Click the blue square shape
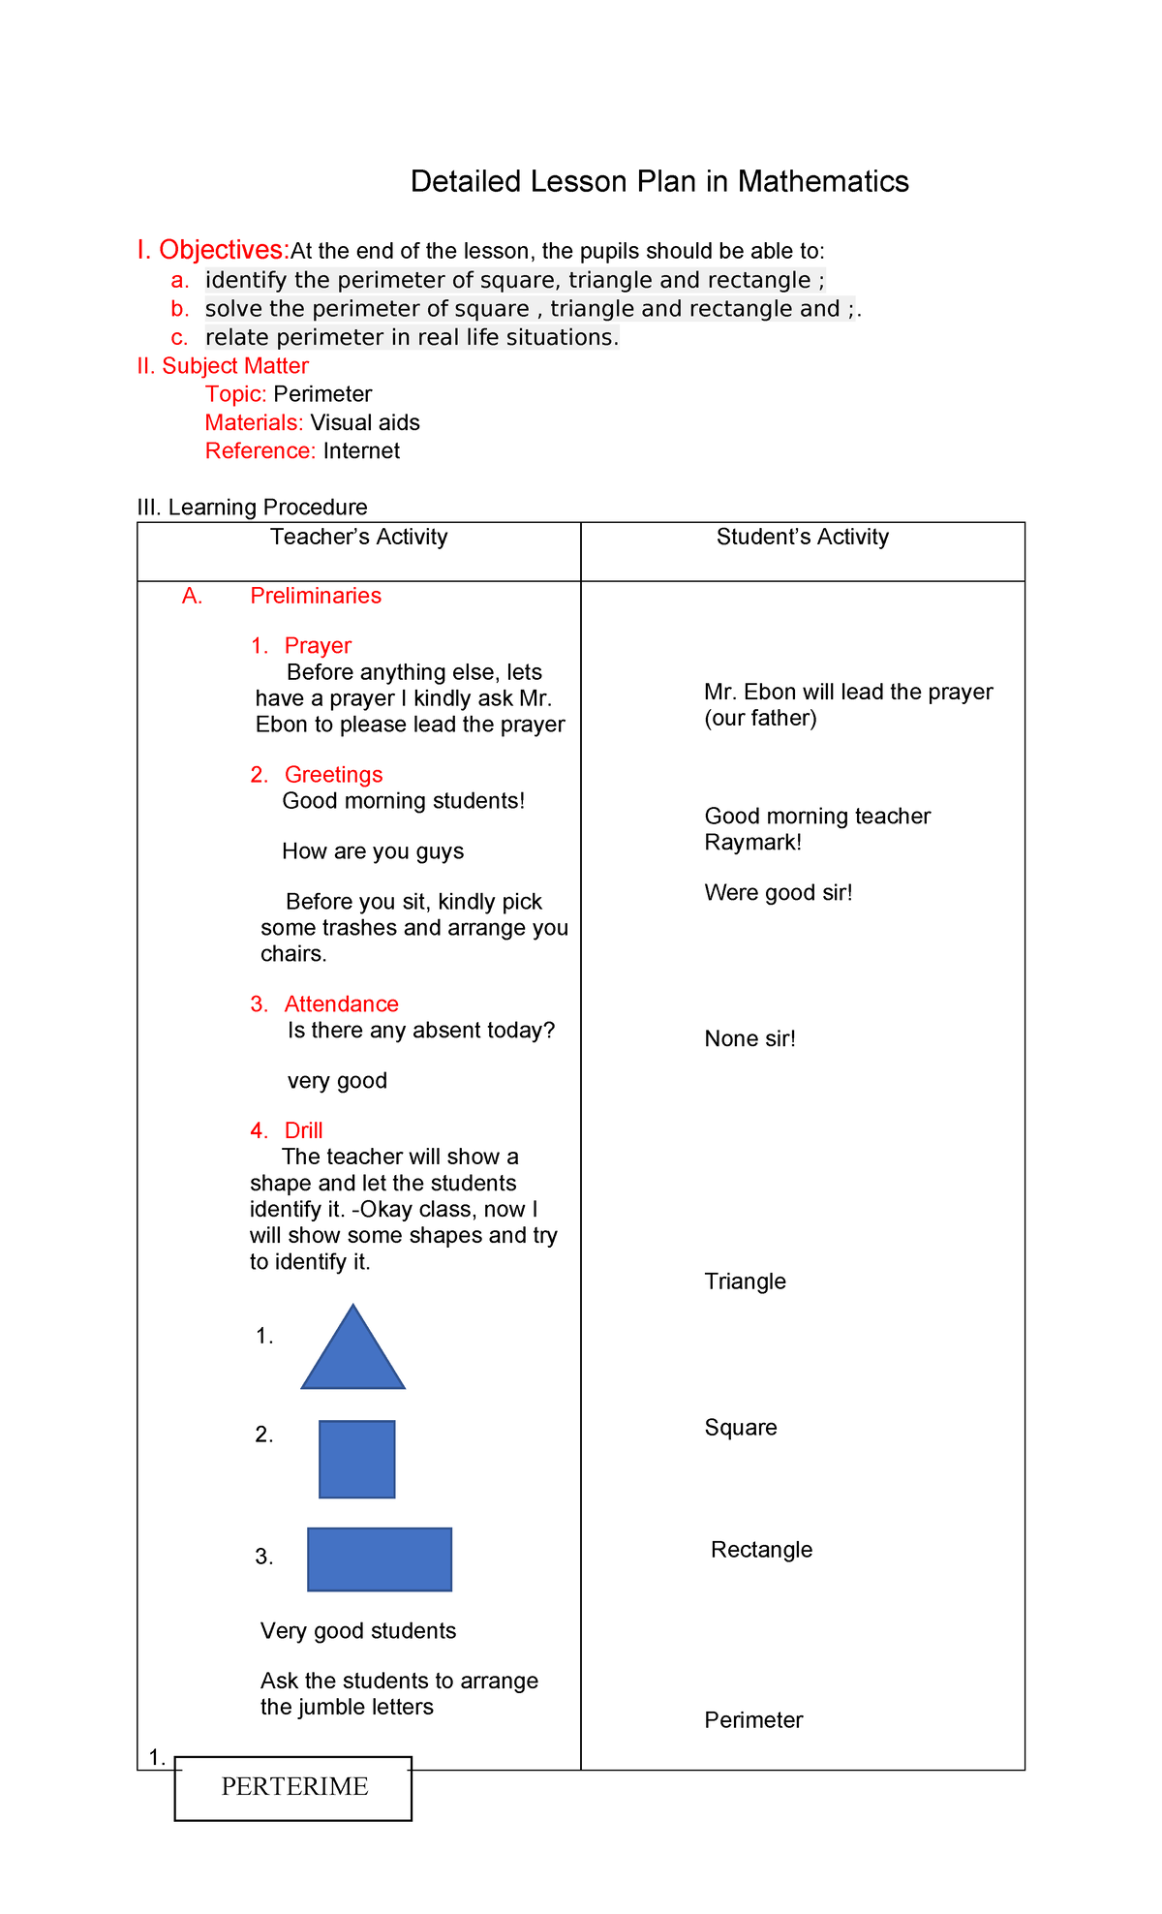point(357,1459)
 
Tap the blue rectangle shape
point(380,1559)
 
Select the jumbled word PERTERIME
point(294,1787)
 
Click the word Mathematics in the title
point(823,182)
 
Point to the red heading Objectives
point(224,250)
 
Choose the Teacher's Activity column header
point(358,538)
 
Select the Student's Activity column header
point(802,538)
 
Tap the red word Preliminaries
point(316,596)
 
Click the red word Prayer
point(318,646)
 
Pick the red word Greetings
point(333,775)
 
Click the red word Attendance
point(341,1004)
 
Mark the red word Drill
point(303,1130)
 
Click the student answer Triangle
point(745,1281)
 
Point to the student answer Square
point(741,1428)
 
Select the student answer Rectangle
point(761,1550)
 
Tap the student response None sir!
point(749,1039)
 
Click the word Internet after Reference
point(361,451)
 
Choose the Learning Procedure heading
point(267,508)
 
